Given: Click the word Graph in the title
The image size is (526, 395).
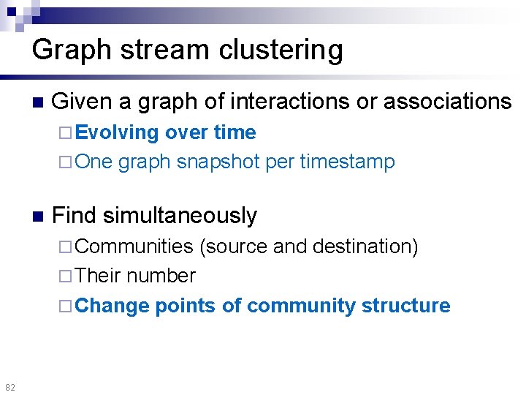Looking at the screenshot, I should (x=68, y=50).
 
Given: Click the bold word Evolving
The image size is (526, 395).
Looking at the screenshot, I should (x=117, y=133).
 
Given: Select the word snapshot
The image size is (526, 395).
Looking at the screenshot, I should (x=218, y=162).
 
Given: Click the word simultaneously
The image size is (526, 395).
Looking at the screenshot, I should (x=180, y=216).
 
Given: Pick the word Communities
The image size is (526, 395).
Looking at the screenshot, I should (x=134, y=247).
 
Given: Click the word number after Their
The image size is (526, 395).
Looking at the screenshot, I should (x=161, y=276).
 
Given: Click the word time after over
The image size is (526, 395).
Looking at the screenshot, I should (x=235, y=133).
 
